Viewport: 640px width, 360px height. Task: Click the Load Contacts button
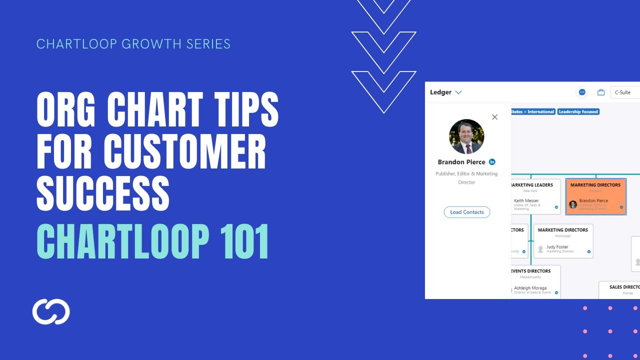(467, 212)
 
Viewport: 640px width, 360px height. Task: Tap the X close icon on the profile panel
(494, 117)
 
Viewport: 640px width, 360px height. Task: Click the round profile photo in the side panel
(466, 136)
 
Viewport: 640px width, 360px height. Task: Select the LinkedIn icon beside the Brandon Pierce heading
(492, 162)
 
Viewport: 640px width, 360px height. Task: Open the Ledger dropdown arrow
(458, 92)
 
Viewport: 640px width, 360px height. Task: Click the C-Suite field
(624, 92)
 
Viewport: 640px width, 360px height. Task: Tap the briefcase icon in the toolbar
(601, 92)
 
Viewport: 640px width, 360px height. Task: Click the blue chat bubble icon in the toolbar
(582, 92)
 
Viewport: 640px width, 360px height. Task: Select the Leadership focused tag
(578, 112)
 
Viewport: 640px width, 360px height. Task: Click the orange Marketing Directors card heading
(595, 185)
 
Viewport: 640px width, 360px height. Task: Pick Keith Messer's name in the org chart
(526, 200)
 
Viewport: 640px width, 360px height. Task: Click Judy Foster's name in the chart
(557, 246)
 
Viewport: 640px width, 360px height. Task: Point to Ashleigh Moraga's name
(530, 288)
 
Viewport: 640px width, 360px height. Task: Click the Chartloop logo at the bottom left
(51, 311)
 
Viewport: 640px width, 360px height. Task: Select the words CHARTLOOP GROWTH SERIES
(133, 44)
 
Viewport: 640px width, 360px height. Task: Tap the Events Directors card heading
(530, 271)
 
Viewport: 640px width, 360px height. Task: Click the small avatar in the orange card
(573, 204)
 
